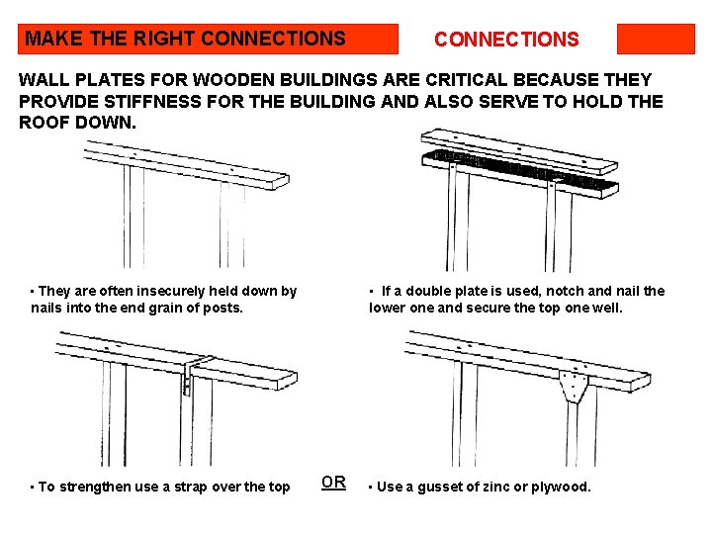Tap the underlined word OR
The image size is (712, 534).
pos(333,483)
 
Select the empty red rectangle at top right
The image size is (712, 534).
pos(656,40)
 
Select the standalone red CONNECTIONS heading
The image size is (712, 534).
pos(506,40)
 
